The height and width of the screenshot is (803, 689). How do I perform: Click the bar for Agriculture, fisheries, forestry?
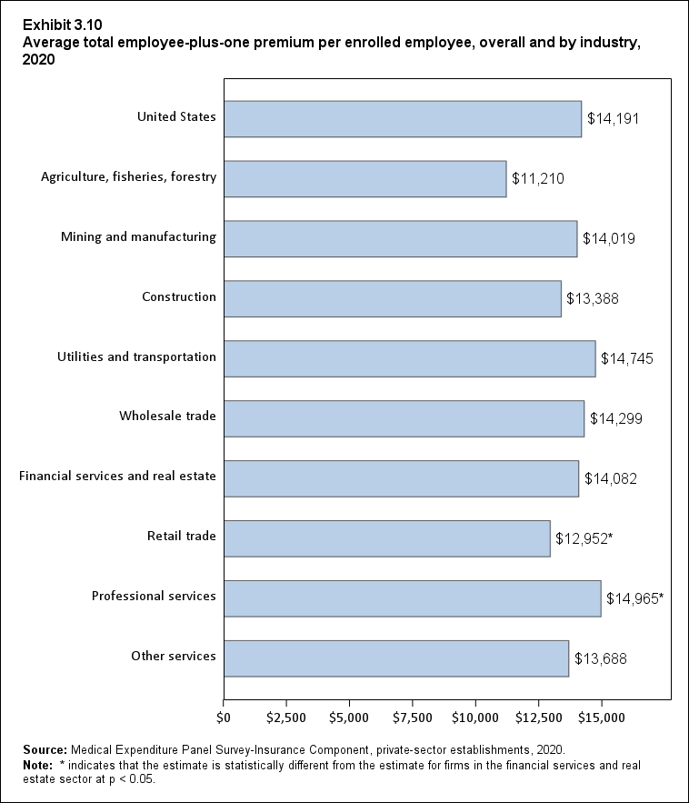pos(364,178)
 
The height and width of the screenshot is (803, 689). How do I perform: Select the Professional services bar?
pos(412,598)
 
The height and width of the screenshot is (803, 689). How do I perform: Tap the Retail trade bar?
pos(386,538)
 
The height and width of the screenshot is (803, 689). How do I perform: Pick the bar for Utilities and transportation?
pos(409,358)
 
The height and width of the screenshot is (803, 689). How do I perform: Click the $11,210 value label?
pos(538,179)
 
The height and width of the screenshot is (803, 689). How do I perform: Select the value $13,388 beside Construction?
pos(593,298)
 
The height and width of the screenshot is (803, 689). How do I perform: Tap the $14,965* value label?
pos(634,598)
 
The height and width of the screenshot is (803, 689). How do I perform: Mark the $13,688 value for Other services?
pos(601,658)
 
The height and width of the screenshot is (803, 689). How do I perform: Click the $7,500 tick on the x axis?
pos(413,718)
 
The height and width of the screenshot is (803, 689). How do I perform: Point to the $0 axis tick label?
pos(224,718)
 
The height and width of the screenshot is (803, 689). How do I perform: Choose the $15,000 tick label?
pos(602,718)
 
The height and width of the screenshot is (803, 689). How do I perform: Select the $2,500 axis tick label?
pos(286,718)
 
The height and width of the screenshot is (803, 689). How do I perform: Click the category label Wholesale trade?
pos(167,417)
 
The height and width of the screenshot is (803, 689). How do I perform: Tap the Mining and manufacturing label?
pos(138,237)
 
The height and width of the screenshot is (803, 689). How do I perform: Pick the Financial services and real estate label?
pos(117,476)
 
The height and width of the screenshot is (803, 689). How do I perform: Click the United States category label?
pos(176,116)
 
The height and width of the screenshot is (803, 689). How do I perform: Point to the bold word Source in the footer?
pos(45,750)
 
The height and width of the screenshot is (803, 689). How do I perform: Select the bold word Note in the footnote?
pos(38,766)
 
